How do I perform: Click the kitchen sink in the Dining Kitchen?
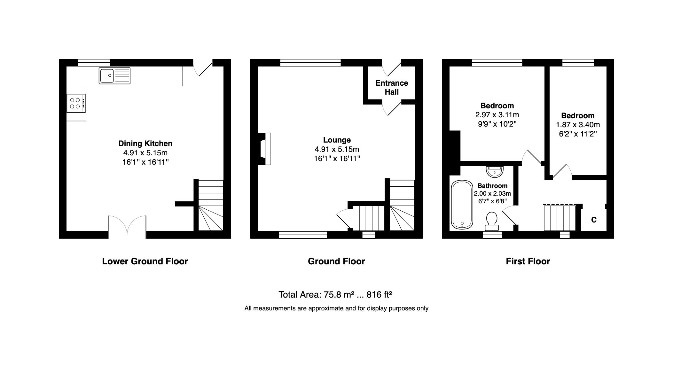[x=114, y=76]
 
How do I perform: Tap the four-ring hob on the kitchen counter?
[x=76, y=103]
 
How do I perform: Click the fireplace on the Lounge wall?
[x=265, y=149]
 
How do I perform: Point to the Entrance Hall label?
[x=392, y=88]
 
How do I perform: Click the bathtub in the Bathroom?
[x=462, y=205]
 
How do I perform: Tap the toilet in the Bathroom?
[x=491, y=221]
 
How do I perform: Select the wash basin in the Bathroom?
[x=495, y=171]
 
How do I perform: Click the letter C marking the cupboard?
[x=594, y=220]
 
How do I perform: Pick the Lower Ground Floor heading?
[x=145, y=261]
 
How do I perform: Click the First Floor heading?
[x=528, y=261]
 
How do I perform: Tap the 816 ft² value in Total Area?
[x=379, y=294]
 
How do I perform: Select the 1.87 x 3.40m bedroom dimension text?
[x=578, y=125]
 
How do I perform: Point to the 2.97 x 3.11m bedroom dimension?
[x=497, y=115]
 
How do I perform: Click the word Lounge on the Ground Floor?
[x=337, y=140]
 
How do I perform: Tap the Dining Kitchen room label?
[x=145, y=144]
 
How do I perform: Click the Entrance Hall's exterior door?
[x=392, y=68]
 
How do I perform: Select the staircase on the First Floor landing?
[x=560, y=218]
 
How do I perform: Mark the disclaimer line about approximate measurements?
[x=336, y=308]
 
